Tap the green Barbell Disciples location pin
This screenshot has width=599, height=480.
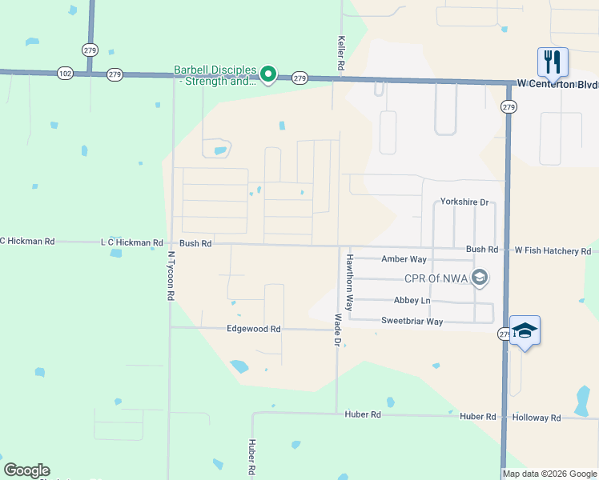269,76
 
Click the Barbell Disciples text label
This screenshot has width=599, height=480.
215,75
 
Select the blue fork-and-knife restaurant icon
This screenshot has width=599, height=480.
552,61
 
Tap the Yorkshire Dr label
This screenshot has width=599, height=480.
464,202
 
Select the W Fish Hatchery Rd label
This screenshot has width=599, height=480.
553,251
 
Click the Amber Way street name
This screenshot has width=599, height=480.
404,259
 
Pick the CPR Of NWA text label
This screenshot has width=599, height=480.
436,278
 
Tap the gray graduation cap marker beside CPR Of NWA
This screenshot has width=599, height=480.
480,278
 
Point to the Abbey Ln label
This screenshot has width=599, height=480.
412,301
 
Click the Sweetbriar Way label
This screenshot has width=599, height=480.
412,322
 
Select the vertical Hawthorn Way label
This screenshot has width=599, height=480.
349,282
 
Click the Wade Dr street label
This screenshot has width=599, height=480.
338,330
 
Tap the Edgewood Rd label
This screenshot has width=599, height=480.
254,329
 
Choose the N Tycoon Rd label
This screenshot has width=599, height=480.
171,276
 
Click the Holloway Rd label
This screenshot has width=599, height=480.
537,418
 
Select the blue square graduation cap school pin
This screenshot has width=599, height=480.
525,330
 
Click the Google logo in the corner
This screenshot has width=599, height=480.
26,470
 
